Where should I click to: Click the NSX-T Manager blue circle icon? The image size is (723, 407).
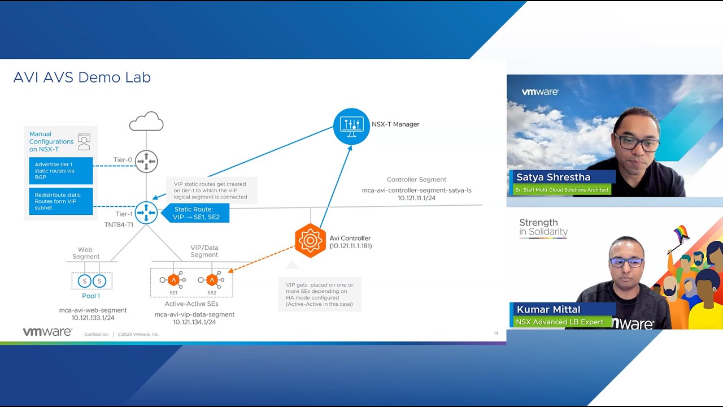point(351,126)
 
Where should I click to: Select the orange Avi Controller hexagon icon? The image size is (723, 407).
point(310,241)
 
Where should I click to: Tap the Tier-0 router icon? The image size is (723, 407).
point(146,161)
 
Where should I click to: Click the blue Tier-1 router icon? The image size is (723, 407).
point(146,213)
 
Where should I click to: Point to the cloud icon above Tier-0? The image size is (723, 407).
point(146,122)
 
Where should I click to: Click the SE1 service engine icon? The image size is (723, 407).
point(173,280)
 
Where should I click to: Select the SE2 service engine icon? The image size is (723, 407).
point(212,280)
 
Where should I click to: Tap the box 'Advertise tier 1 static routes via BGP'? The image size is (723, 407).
point(61,171)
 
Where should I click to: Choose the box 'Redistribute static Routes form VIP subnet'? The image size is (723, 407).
point(61,201)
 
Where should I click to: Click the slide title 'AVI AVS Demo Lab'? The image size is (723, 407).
point(82,77)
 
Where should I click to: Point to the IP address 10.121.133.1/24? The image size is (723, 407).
point(93,318)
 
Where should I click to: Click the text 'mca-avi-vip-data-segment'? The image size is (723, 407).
point(194,314)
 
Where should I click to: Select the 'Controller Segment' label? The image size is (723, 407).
point(416,180)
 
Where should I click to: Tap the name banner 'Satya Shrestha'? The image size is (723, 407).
point(553,177)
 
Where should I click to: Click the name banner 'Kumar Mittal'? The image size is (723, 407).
point(548,309)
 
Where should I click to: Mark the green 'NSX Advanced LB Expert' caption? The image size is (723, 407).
point(560,322)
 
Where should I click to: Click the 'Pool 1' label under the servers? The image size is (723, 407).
point(91,296)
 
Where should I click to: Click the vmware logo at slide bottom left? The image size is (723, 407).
point(47,332)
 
